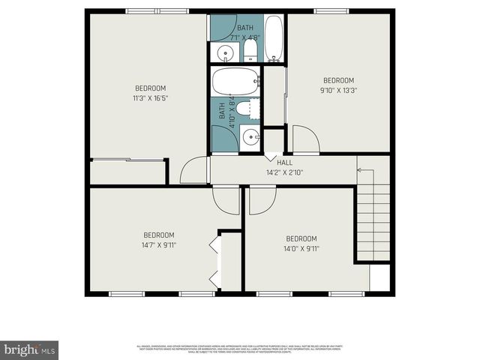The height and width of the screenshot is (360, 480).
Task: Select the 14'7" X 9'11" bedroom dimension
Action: point(159,244)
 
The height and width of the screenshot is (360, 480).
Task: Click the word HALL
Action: point(285,163)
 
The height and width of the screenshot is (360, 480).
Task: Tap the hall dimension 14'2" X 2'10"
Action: point(284,172)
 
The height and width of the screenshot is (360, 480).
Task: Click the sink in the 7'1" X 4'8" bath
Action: point(223,52)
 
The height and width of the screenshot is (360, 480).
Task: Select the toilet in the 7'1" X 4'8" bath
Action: point(250,51)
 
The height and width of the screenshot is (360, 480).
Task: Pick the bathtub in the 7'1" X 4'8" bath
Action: point(274,38)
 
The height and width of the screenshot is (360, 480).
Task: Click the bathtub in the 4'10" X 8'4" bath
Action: point(235,81)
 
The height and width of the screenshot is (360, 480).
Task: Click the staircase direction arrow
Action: point(359,170)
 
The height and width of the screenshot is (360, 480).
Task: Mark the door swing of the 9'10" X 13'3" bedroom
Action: point(304,141)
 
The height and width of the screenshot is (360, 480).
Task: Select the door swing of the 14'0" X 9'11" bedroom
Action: point(262,199)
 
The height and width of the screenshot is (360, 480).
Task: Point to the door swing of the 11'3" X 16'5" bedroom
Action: point(192,170)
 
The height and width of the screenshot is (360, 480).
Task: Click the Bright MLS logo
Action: point(30,349)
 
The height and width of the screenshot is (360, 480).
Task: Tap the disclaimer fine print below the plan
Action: point(240,348)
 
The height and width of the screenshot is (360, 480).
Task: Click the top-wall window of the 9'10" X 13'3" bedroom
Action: point(331,10)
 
